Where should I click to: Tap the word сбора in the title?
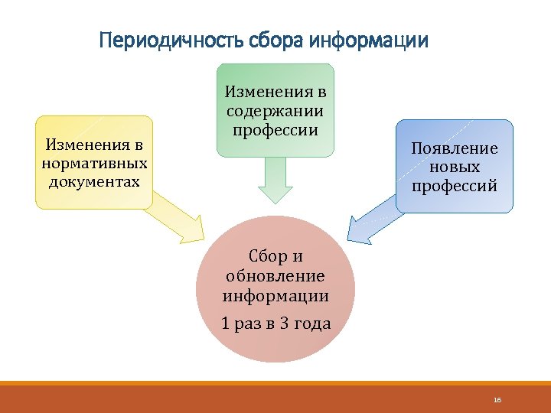[x=266, y=40]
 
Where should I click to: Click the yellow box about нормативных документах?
[x=94, y=162]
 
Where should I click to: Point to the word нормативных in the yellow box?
[x=95, y=163]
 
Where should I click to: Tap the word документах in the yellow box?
[x=95, y=181]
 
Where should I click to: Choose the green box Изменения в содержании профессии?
[x=275, y=111]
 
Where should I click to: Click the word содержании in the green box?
[x=275, y=111]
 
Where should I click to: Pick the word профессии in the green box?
[x=275, y=129]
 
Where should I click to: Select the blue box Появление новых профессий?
[x=455, y=167]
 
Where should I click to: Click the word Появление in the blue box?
[x=455, y=148]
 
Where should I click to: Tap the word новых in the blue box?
[x=455, y=167]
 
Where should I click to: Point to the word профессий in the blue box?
[x=455, y=185]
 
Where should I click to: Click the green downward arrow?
[x=275, y=180]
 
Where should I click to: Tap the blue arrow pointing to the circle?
[x=370, y=220]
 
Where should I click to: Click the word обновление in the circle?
[x=275, y=276]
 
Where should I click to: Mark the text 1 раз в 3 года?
[x=275, y=324]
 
